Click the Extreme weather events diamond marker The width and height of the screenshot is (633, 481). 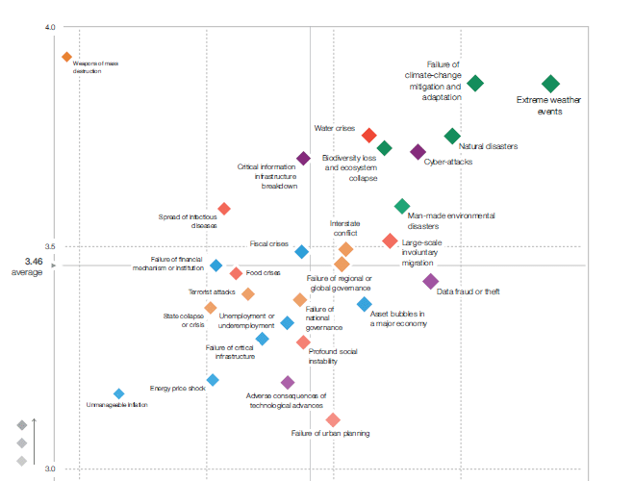550,85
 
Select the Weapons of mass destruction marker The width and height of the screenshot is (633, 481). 67,57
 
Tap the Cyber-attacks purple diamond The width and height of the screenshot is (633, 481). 418,152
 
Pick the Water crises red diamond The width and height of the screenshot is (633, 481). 368,136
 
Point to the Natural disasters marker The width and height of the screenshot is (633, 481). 452,137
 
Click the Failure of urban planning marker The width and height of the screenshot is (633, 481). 333,419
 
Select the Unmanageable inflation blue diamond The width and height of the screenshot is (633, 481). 119,393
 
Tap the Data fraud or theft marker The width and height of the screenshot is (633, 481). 431,281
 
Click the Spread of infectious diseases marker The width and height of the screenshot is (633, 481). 224,209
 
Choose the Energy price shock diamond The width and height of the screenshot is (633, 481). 213,380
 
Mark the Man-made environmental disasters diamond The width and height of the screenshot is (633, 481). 402,206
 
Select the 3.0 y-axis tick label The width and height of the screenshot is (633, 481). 49,469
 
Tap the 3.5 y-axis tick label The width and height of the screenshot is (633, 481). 49,246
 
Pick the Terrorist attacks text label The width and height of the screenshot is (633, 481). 212,291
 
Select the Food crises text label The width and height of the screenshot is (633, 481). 264,273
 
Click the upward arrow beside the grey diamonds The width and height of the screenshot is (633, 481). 36,442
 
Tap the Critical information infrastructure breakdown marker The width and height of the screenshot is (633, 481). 303,159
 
